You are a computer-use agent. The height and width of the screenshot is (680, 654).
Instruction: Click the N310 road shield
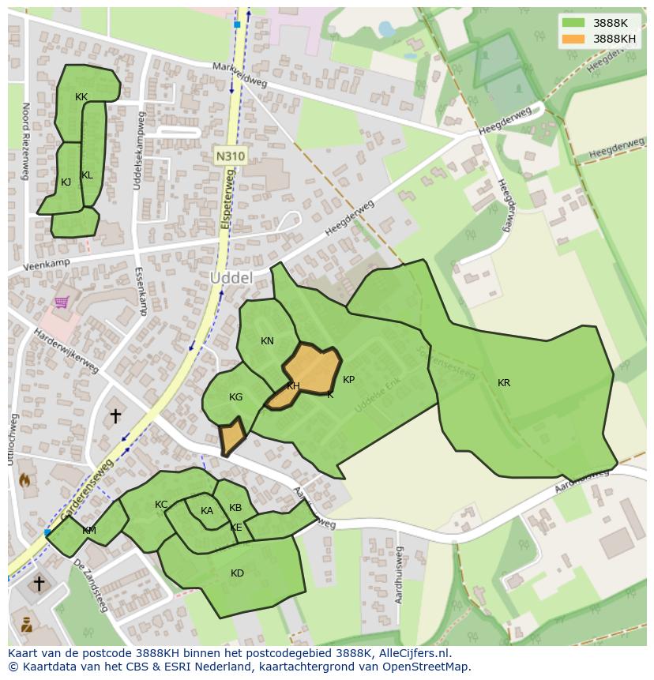(230, 156)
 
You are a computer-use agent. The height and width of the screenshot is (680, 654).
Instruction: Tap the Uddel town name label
(231, 278)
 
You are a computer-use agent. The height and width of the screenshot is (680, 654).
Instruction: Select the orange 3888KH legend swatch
(574, 38)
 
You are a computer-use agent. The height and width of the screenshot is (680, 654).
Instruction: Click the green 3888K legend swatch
(574, 23)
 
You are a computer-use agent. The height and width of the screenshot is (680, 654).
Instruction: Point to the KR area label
(504, 383)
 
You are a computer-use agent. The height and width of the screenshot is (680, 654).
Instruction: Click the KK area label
(81, 97)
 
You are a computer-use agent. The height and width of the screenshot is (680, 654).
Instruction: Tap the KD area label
(237, 573)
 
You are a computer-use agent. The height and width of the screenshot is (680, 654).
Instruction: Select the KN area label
(267, 341)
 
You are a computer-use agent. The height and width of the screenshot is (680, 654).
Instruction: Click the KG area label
(235, 397)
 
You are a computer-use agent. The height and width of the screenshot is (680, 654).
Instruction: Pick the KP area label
(348, 380)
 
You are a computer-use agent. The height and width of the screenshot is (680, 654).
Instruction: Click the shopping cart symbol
(62, 302)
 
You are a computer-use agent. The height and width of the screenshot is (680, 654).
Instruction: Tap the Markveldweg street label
(240, 75)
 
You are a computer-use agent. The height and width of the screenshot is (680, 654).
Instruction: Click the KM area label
(89, 531)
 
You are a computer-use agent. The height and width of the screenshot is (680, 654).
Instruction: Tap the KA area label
(207, 511)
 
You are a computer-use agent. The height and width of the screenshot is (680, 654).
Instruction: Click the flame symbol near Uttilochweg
(24, 479)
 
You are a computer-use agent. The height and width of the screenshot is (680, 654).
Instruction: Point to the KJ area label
(66, 182)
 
